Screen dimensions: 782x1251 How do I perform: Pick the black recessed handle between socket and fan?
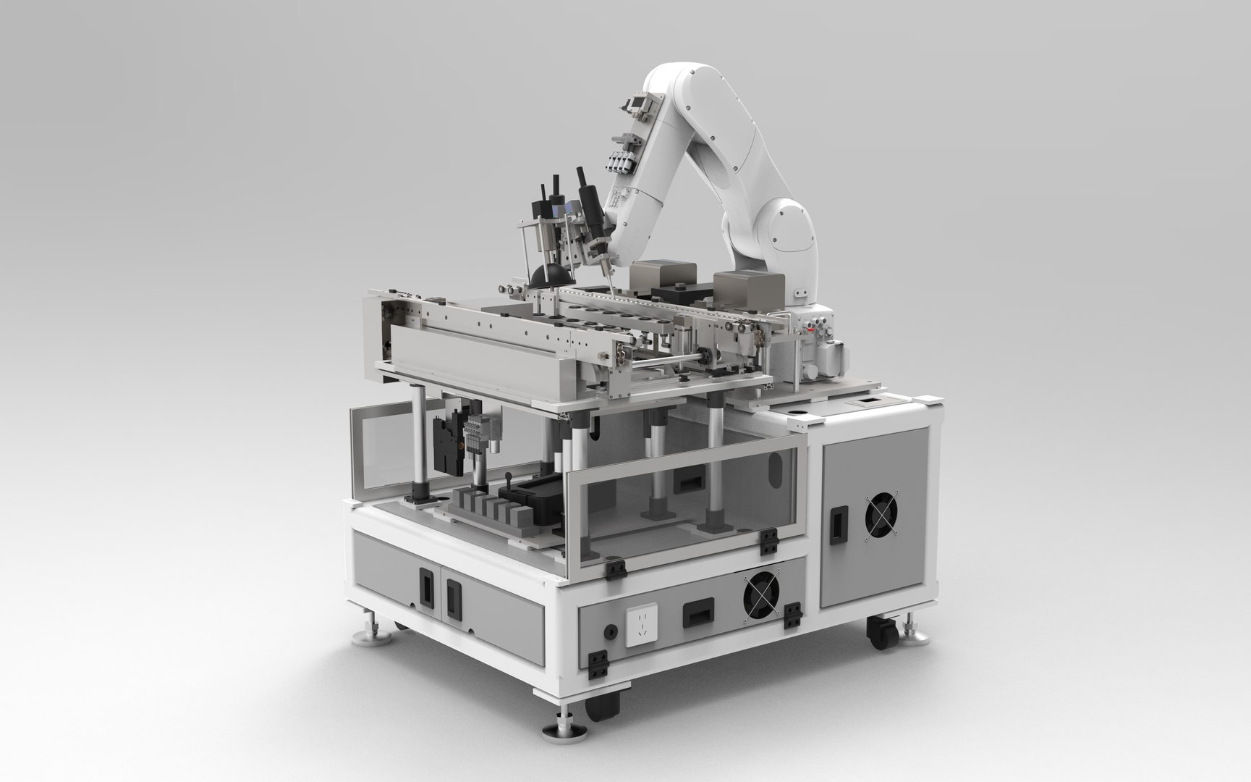(x=695, y=613)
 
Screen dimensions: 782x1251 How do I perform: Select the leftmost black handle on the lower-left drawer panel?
(x=426, y=583)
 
